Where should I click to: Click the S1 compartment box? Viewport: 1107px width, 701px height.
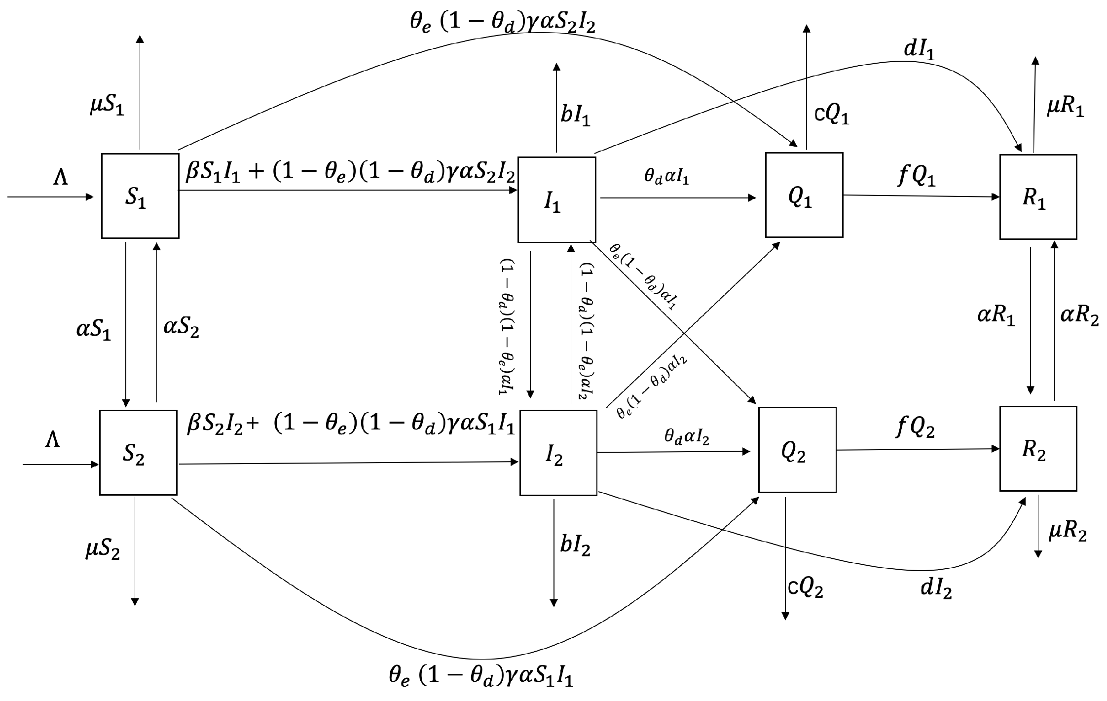click(140, 196)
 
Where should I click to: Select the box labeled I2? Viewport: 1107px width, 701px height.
click(558, 453)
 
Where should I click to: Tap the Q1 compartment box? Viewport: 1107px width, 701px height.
click(804, 195)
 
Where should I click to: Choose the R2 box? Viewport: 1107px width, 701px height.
click(1038, 449)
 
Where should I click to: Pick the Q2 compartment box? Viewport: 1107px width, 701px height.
click(797, 450)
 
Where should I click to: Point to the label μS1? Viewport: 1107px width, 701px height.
click(107, 106)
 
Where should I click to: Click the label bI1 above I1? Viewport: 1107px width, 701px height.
click(575, 117)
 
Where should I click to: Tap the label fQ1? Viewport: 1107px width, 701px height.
click(916, 176)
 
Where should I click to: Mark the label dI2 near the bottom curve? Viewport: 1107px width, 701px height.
click(936, 589)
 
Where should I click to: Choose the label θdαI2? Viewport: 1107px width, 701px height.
click(687, 436)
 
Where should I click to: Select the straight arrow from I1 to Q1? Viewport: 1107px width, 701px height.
click(678, 198)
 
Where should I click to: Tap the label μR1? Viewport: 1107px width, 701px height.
click(1066, 108)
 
